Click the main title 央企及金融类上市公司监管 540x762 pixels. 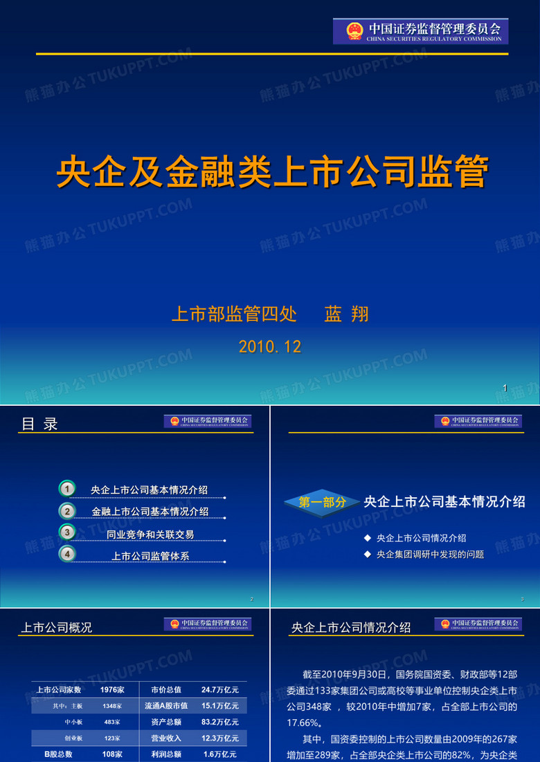click(x=272, y=171)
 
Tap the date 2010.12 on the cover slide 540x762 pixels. click(x=270, y=347)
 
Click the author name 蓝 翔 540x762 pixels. click(x=346, y=315)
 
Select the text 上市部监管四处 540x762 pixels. click(x=234, y=315)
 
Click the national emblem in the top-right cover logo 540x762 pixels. click(x=354, y=32)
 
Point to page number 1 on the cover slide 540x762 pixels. click(x=505, y=389)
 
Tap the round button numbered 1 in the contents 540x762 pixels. click(x=66, y=489)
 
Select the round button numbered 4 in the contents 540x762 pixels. click(x=66, y=553)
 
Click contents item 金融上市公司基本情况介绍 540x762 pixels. click(x=150, y=512)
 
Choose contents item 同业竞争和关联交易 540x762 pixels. click(x=150, y=535)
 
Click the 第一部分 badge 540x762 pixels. click(x=323, y=503)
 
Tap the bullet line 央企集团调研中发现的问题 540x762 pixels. click(x=430, y=555)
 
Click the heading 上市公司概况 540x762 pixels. click(x=57, y=628)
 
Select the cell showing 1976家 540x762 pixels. click(x=112, y=689)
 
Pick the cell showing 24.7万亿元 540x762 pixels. click(x=220, y=689)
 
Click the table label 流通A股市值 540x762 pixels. click(x=166, y=706)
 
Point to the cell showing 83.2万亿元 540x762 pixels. click(x=220, y=722)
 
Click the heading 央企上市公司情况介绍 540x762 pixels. click(x=351, y=628)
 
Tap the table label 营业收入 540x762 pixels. click(x=166, y=738)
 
